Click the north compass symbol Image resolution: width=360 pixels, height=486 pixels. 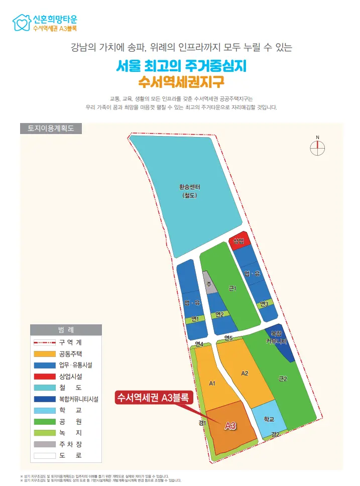317,147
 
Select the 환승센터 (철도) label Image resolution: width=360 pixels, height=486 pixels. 190,191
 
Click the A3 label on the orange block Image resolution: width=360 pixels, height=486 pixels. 230,426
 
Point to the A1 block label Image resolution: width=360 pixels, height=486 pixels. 212,384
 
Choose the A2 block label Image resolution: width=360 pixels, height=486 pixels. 245,373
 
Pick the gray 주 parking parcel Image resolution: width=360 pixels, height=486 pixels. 209,284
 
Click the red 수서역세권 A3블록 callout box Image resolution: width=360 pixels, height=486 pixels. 152,398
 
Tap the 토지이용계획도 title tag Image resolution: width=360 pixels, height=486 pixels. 50,128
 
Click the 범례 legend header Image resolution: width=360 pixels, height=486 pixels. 66,330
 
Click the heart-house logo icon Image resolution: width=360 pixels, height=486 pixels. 22,23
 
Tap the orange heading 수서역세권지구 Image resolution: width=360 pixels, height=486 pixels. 180,80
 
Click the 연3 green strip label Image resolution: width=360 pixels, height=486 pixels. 264,304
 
